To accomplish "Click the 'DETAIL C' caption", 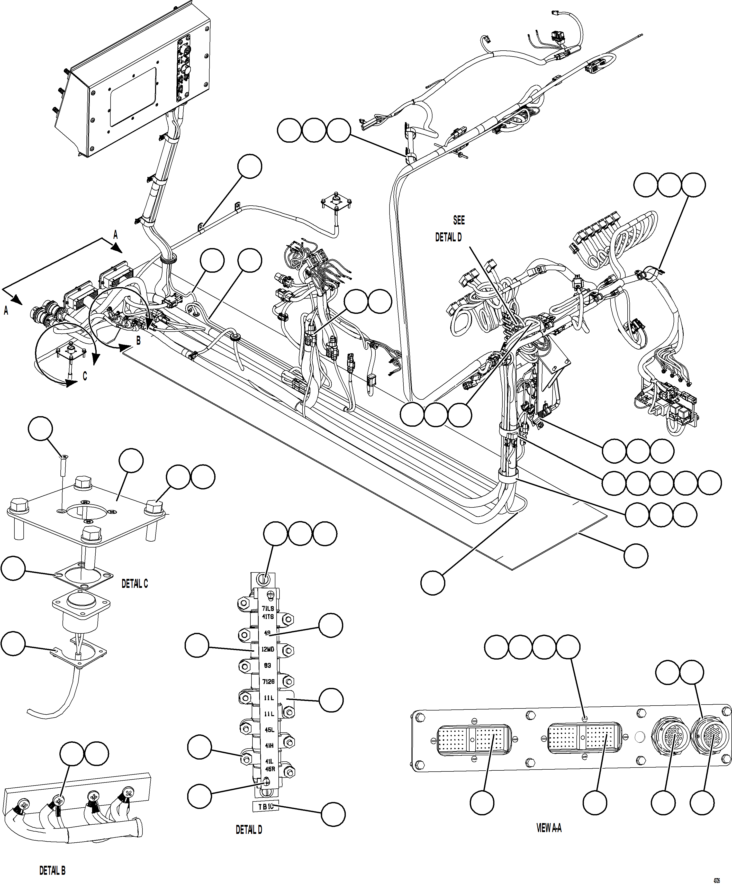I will click(x=135, y=584).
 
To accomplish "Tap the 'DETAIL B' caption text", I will click(x=52, y=870).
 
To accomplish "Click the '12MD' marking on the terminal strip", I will click(x=268, y=650).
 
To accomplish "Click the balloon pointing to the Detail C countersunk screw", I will click(x=40, y=429).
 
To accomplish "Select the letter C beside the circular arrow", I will click(x=85, y=376).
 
